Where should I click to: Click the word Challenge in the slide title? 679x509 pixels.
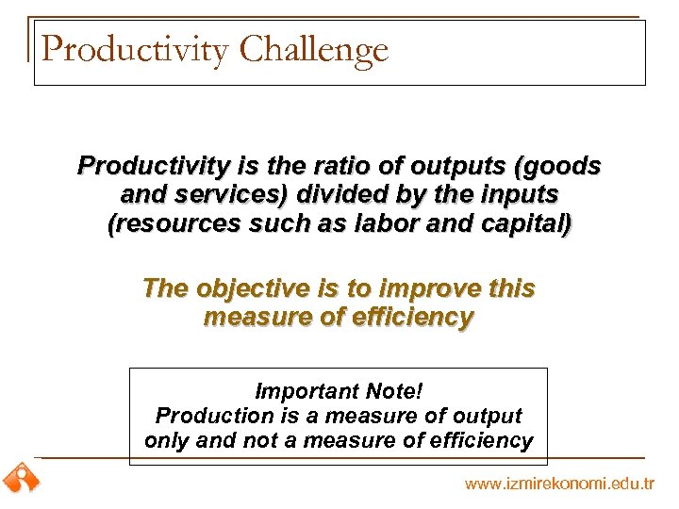[314, 50]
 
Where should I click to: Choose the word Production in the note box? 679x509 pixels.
[205, 416]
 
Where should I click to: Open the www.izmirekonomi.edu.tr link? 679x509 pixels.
[558, 484]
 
